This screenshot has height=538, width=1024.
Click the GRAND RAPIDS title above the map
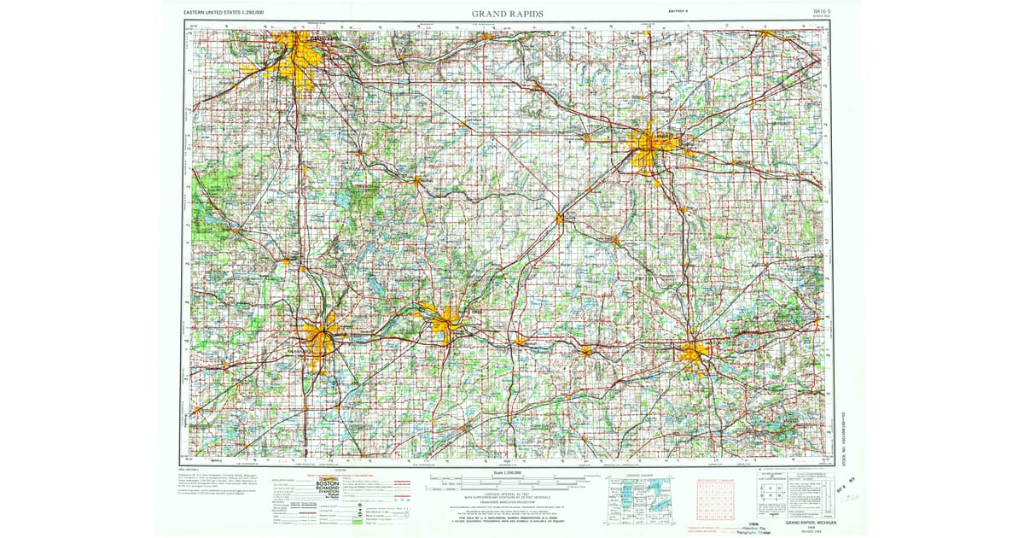coord(508,14)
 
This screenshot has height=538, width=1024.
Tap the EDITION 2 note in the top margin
coord(679,10)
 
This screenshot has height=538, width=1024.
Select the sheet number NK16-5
coord(821,11)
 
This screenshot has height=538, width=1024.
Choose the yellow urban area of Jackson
coord(694,352)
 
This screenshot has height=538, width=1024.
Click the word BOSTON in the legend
coord(328,484)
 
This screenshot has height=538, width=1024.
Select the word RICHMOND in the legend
coord(328,491)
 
